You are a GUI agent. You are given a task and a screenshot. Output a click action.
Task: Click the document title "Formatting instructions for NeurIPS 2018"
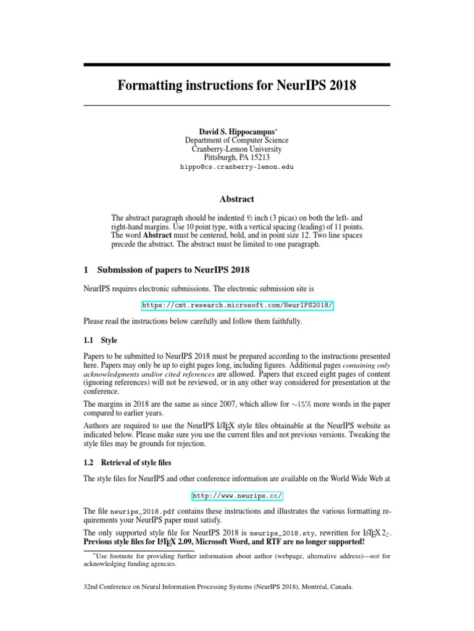(x=236, y=85)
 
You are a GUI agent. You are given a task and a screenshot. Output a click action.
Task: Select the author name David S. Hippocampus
(x=235, y=131)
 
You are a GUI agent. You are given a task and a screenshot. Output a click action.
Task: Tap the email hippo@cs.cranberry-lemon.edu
(x=236, y=166)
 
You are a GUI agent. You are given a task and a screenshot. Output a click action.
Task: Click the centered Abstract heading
(x=236, y=199)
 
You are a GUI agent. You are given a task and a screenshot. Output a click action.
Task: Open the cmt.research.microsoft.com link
(x=237, y=305)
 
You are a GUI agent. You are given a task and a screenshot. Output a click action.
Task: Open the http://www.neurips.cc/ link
(x=237, y=495)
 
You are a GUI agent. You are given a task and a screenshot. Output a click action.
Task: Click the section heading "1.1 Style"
(x=100, y=340)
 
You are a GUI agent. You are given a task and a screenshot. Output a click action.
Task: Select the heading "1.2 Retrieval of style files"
(x=129, y=463)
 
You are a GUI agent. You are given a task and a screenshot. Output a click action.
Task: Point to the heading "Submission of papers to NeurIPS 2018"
(x=173, y=269)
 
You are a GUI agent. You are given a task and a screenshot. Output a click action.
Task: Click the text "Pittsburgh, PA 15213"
(x=236, y=157)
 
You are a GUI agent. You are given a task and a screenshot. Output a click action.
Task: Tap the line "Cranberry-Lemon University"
(x=236, y=149)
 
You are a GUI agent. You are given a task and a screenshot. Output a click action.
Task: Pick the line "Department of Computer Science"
(x=236, y=140)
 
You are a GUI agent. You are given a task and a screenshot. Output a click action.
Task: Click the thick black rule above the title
(x=236, y=64)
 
